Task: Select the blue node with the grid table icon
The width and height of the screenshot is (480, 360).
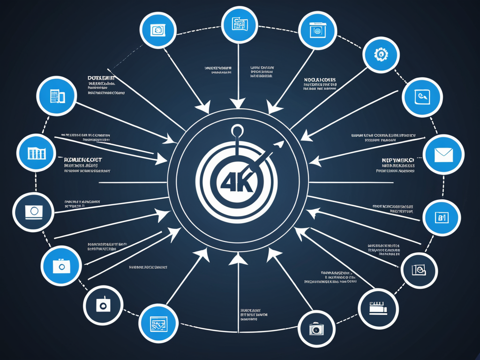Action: [x=36, y=153]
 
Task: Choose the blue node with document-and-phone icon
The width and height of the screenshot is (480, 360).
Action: [x=57, y=96]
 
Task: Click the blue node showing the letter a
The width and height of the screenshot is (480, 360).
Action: [x=442, y=217]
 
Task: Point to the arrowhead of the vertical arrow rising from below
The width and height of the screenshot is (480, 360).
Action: [x=239, y=258]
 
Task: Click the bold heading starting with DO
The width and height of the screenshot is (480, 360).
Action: [x=102, y=78]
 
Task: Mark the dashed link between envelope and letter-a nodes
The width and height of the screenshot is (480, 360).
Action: [x=451, y=187]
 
